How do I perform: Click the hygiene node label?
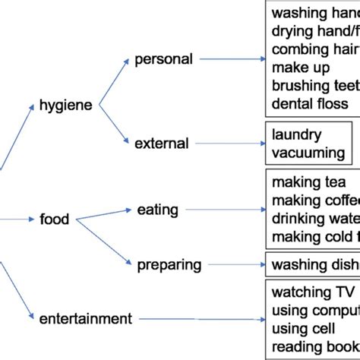[65, 106]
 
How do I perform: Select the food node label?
[54, 220]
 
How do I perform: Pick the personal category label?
[163, 58]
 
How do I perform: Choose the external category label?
[162, 142]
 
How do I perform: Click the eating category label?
[158, 208]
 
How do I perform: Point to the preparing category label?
[169, 264]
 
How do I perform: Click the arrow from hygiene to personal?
[112, 82]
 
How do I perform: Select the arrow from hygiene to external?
[111, 125]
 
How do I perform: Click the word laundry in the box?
[297, 134]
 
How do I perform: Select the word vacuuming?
[308, 153]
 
